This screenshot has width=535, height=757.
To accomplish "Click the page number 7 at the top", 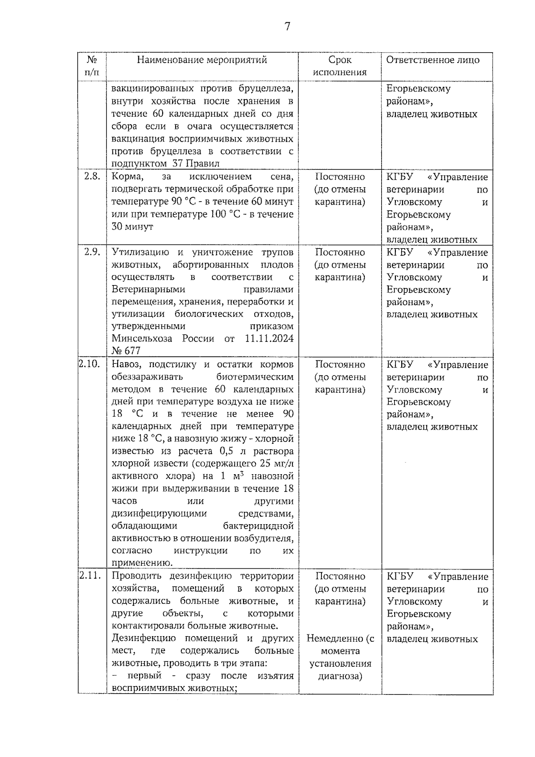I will coord(287,27).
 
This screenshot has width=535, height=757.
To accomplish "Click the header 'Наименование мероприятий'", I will coord(202,60).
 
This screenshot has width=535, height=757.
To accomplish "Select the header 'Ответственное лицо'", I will coord(433,60).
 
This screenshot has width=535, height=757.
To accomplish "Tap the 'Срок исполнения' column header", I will coord(340,66).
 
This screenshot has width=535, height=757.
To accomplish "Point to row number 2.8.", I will coord(92,176).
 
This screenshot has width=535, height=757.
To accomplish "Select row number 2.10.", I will coord(90,364).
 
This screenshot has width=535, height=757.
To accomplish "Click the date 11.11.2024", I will coord(269,338).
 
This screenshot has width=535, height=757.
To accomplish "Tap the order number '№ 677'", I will coord(126,351).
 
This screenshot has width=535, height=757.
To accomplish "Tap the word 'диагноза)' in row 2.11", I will coord(340,676).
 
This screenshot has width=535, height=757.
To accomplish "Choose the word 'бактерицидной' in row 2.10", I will coord(259,525).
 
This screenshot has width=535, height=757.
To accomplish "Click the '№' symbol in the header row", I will coord(92,60).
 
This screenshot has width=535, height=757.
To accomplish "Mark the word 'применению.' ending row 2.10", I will coord(142,563).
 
